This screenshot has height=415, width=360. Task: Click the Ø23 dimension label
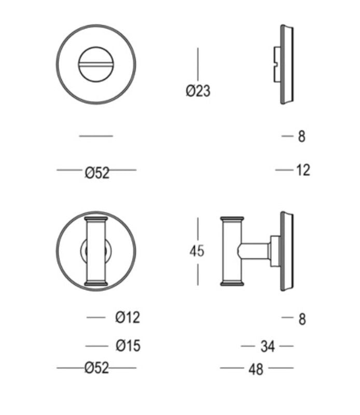click(x=198, y=91)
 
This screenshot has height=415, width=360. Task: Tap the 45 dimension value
click(x=197, y=251)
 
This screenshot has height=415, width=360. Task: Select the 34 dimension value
click(x=268, y=346)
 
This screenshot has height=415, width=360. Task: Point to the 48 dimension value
click(x=256, y=369)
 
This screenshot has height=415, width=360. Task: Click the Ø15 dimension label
click(x=128, y=345)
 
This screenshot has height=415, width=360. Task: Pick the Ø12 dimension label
click(x=128, y=317)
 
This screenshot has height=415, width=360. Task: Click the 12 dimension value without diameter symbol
click(x=303, y=170)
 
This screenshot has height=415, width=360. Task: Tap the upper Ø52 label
click(x=97, y=173)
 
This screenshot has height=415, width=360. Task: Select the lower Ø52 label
click(x=96, y=368)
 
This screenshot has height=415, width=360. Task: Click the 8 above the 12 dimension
click(x=302, y=136)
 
